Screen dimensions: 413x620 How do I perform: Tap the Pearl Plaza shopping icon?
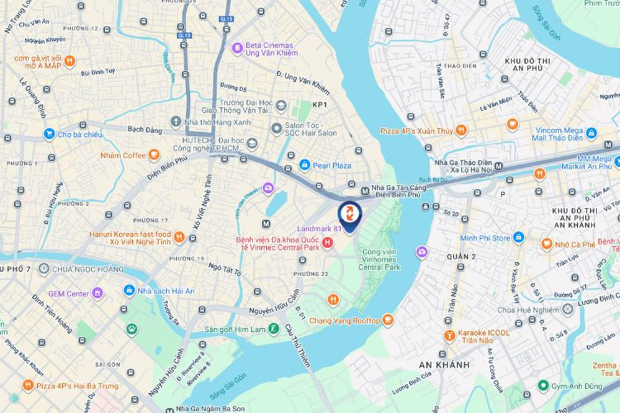[x=305, y=165]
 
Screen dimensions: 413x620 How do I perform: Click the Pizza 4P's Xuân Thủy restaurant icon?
[x=460, y=131]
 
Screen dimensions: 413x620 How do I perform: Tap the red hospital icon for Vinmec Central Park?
[x=328, y=242]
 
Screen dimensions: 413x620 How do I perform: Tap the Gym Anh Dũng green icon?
[x=543, y=385]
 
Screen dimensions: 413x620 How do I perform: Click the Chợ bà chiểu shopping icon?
[x=50, y=134]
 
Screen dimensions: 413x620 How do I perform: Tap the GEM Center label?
[x=68, y=293]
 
